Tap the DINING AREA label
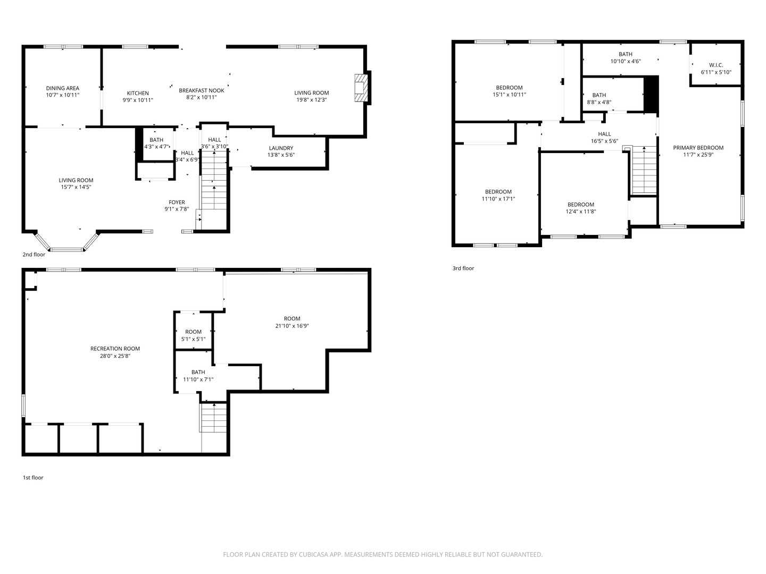click(62, 88)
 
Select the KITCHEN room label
click(138, 93)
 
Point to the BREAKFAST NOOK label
click(202, 90)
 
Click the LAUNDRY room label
click(281, 148)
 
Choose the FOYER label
click(177, 202)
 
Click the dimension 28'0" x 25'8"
click(115, 356)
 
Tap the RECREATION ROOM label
click(115, 349)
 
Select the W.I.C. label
click(716, 65)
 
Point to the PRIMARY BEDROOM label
click(698, 148)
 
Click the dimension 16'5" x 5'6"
click(604, 141)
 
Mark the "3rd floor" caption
click(463, 268)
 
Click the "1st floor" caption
click(33, 477)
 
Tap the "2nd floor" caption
click(34, 255)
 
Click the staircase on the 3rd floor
click(644, 170)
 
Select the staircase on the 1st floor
click(213, 418)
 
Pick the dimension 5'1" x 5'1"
click(193, 339)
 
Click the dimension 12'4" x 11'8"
click(581, 212)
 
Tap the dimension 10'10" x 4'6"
click(626, 61)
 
